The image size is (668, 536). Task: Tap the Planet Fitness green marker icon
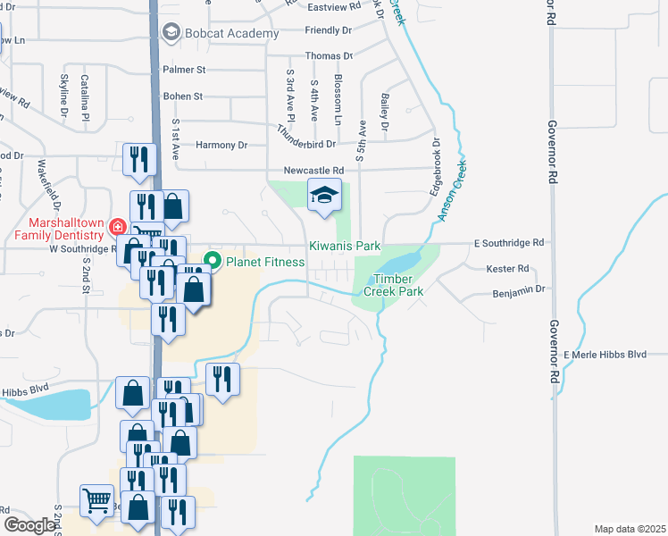click(213, 262)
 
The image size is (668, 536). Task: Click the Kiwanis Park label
click(345, 246)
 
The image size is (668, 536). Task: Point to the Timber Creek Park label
click(393, 284)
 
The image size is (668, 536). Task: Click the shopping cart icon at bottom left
click(96, 500)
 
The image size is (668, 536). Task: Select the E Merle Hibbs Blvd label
click(605, 355)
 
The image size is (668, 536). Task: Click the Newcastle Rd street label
click(313, 171)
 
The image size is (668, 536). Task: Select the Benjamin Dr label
click(518, 292)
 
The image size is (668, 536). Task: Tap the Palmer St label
click(184, 69)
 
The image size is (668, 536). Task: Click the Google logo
click(29, 525)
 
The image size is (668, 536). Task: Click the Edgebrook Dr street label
click(436, 166)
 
